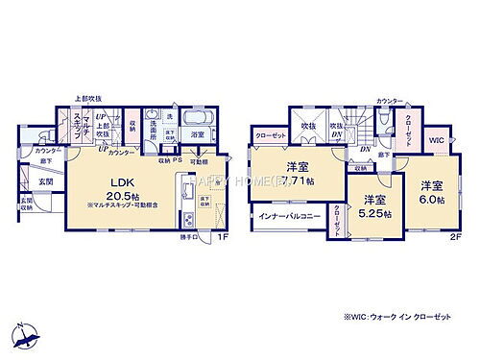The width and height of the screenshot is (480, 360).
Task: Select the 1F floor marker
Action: pos(220,237)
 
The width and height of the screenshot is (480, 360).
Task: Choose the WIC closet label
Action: pos(436,140)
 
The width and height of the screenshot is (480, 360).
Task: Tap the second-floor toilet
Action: pos(384,123)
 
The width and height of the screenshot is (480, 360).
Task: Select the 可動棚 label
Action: pos(198,160)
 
